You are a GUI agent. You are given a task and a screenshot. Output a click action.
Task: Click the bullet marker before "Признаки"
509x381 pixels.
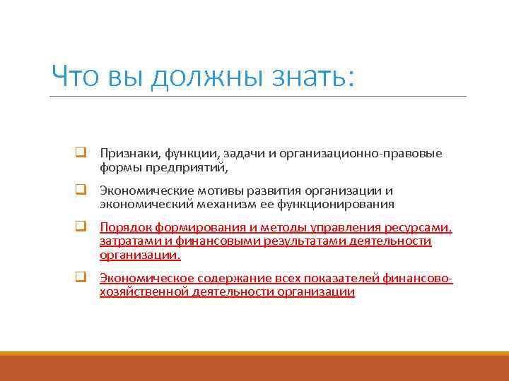81,153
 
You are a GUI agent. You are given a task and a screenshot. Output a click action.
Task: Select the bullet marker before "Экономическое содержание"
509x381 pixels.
81,278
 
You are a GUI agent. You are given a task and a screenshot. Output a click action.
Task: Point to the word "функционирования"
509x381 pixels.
335,205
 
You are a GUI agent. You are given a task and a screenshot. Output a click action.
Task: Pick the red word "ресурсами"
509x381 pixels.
417,228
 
